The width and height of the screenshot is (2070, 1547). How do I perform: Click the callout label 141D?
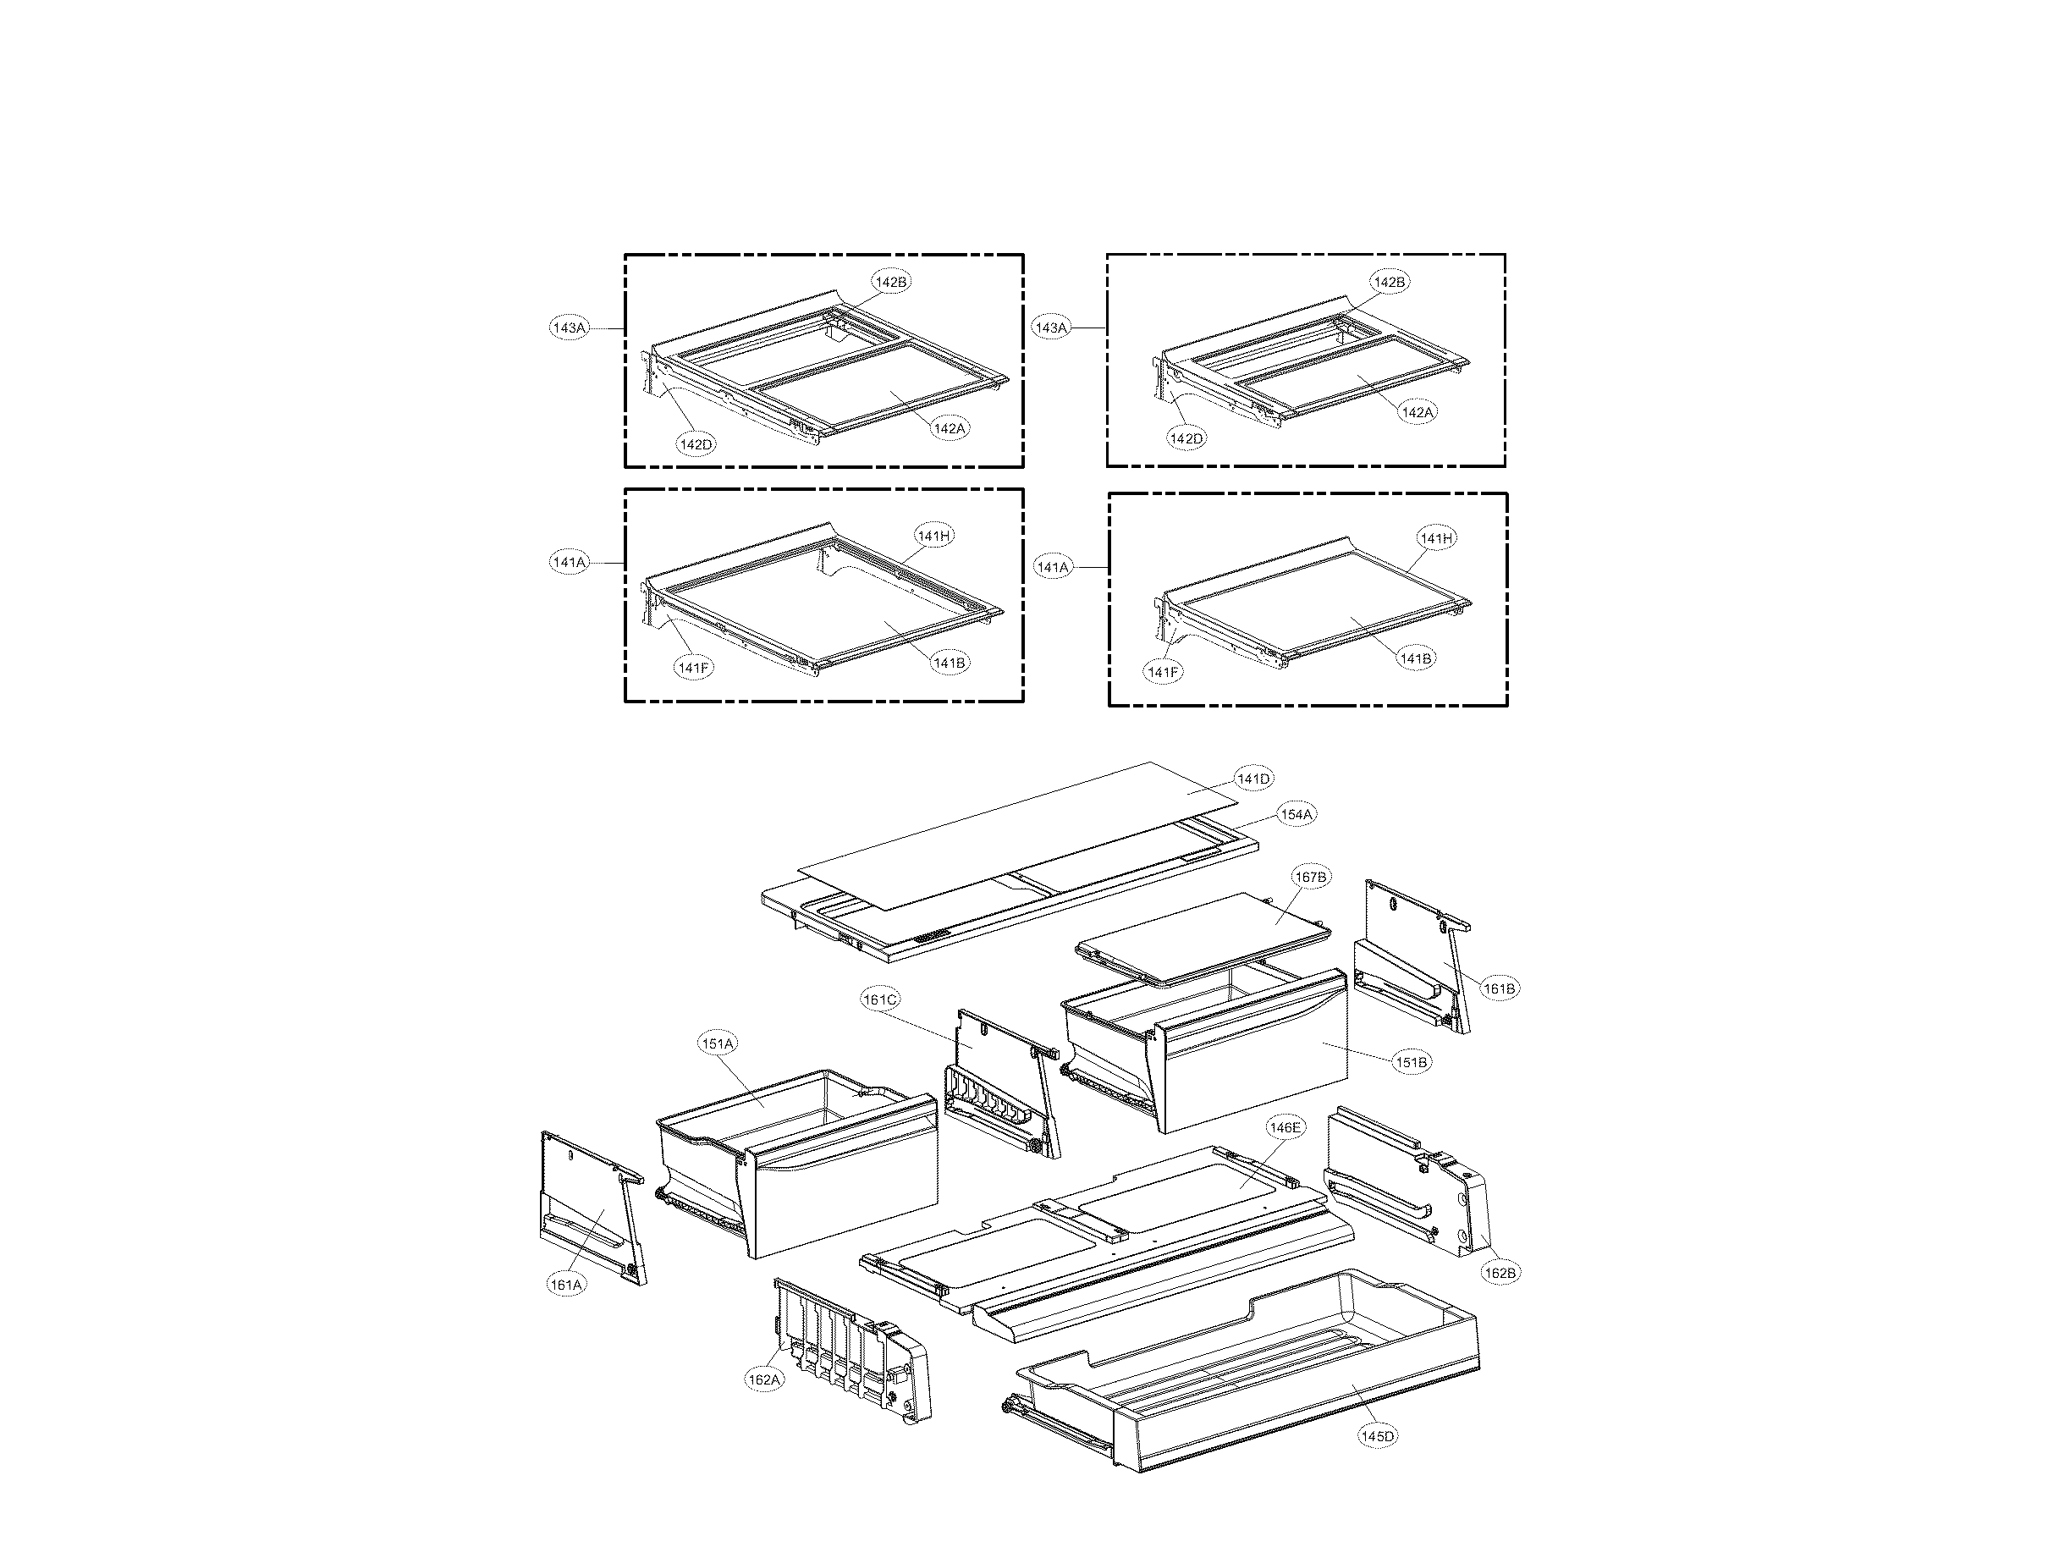pyautogui.click(x=1253, y=779)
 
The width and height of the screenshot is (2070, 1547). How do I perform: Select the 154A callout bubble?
pyautogui.click(x=1297, y=815)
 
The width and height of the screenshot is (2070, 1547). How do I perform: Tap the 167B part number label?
pyautogui.click(x=1310, y=877)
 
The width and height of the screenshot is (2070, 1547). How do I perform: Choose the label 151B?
pyautogui.click(x=1412, y=1062)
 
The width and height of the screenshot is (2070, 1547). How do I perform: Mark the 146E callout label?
pyautogui.click(x=1285, y=1128)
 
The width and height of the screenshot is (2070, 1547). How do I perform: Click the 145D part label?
pyautogui.click(x=1378, y=1435)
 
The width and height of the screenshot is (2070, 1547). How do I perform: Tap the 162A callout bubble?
pyautogui.click(x=763, y=1379)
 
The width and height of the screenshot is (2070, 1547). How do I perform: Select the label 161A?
pyautogui.click(x=566, y=1285)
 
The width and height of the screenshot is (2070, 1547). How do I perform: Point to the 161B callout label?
pyautogui.click(x=1499, y=988)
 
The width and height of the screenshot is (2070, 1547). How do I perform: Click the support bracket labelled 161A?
pyautogui.click(x=590, y=1208)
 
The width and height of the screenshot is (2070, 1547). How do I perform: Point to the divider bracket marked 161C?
pyautogui.click(x=997, y=1086)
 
